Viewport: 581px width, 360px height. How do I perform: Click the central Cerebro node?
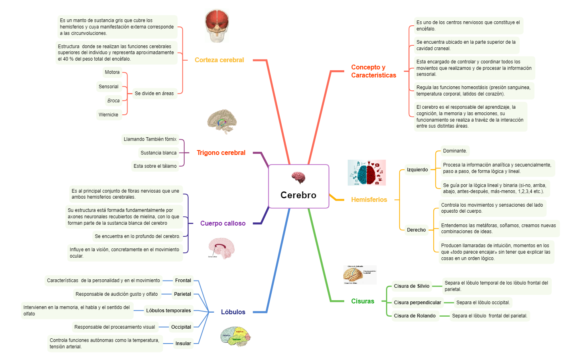coord(299,187)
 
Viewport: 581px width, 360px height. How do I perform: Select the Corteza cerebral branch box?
coord(219,60)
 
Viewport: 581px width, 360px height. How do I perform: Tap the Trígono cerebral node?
coord(221,153)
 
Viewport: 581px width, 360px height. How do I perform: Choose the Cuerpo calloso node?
coord(223,224)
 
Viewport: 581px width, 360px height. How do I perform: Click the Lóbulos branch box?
coord(233,312)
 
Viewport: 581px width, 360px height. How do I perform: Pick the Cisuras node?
coord(362,301)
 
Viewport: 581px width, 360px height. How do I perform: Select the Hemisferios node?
coord(369,199)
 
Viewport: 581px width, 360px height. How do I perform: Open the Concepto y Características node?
coord(374,71)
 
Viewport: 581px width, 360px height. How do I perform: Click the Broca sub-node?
coord(113,100)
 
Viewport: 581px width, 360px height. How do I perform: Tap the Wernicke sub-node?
coord(109,115)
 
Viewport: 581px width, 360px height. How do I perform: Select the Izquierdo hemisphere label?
coord(417,170)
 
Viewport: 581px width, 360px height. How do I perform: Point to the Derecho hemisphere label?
coord(416,230)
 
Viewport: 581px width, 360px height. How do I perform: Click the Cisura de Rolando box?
coord(414,316)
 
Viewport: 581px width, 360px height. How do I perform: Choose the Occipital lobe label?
coord(181,327)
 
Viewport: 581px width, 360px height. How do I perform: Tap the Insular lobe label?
coord(183,344)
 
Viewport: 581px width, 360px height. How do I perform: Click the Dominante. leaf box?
coord(455,151)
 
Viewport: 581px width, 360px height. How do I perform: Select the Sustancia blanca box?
coord(158,153)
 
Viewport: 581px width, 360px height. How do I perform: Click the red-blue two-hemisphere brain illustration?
coord(366,173)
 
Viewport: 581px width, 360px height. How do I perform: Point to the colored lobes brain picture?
coord(236,337)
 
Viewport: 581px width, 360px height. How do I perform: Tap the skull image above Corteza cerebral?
coord(217,26)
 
